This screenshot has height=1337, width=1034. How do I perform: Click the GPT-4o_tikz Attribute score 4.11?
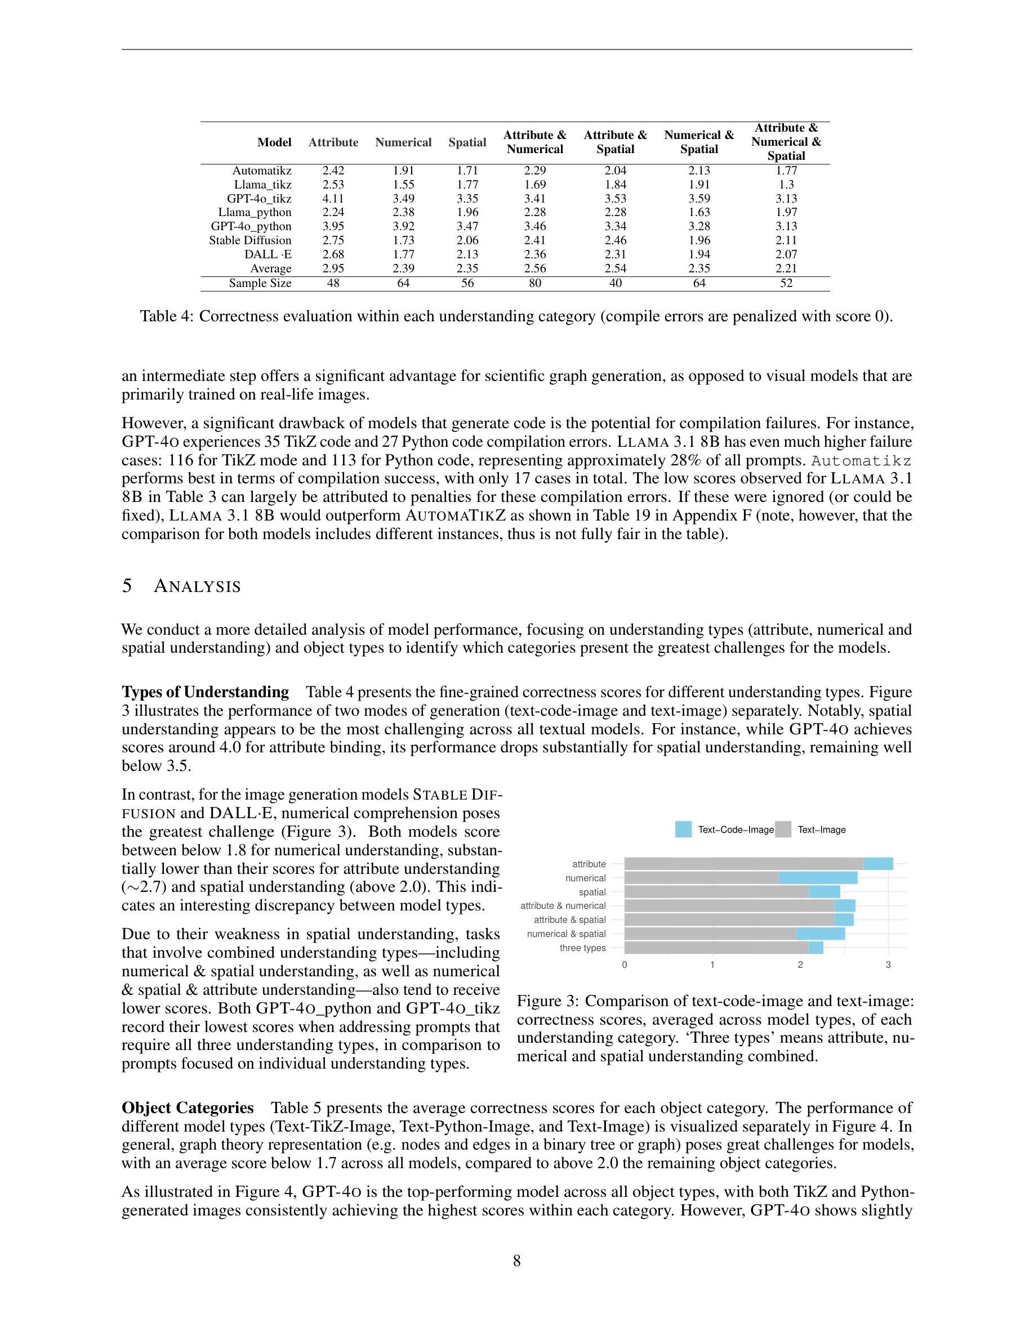(x=333, y=198)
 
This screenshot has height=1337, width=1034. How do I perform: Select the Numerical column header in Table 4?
(x=403, y=142)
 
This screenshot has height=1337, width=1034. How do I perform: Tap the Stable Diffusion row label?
(x=250, y=240)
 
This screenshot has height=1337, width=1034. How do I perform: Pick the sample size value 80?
(x=535, y=283)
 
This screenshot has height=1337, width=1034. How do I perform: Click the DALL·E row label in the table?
(x=268, y=254)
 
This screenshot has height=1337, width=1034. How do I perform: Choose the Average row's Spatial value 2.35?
(x=467, y=268)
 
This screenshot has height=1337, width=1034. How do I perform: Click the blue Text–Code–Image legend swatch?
(x=683, y=829)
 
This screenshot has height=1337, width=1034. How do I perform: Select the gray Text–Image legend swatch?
(x=783, y=829)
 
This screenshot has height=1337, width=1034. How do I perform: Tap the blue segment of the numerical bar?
(x=817, y=878)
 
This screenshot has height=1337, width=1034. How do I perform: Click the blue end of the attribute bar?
(x=878, y=864)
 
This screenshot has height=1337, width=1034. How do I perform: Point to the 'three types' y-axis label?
(x=582, y=948)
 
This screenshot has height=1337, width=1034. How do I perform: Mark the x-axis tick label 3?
(x=888, y=965)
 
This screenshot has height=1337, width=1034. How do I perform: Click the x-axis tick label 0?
(x=624, y=965)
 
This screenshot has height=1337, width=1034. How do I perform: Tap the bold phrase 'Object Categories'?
(x=188, y=1108)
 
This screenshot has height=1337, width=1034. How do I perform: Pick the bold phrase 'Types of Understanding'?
(x=205, y=692)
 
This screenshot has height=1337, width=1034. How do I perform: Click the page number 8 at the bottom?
(x=517, y=1261)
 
